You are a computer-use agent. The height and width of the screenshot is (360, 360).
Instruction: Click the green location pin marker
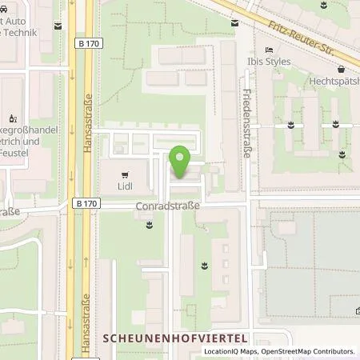(x=181, y=162)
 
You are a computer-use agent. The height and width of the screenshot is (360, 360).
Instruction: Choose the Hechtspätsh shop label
(x=334, y=80)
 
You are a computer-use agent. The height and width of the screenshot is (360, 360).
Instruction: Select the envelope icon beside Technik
(x=58, y=26)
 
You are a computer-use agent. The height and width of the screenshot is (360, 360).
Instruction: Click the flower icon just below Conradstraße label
(x=150, y=227)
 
